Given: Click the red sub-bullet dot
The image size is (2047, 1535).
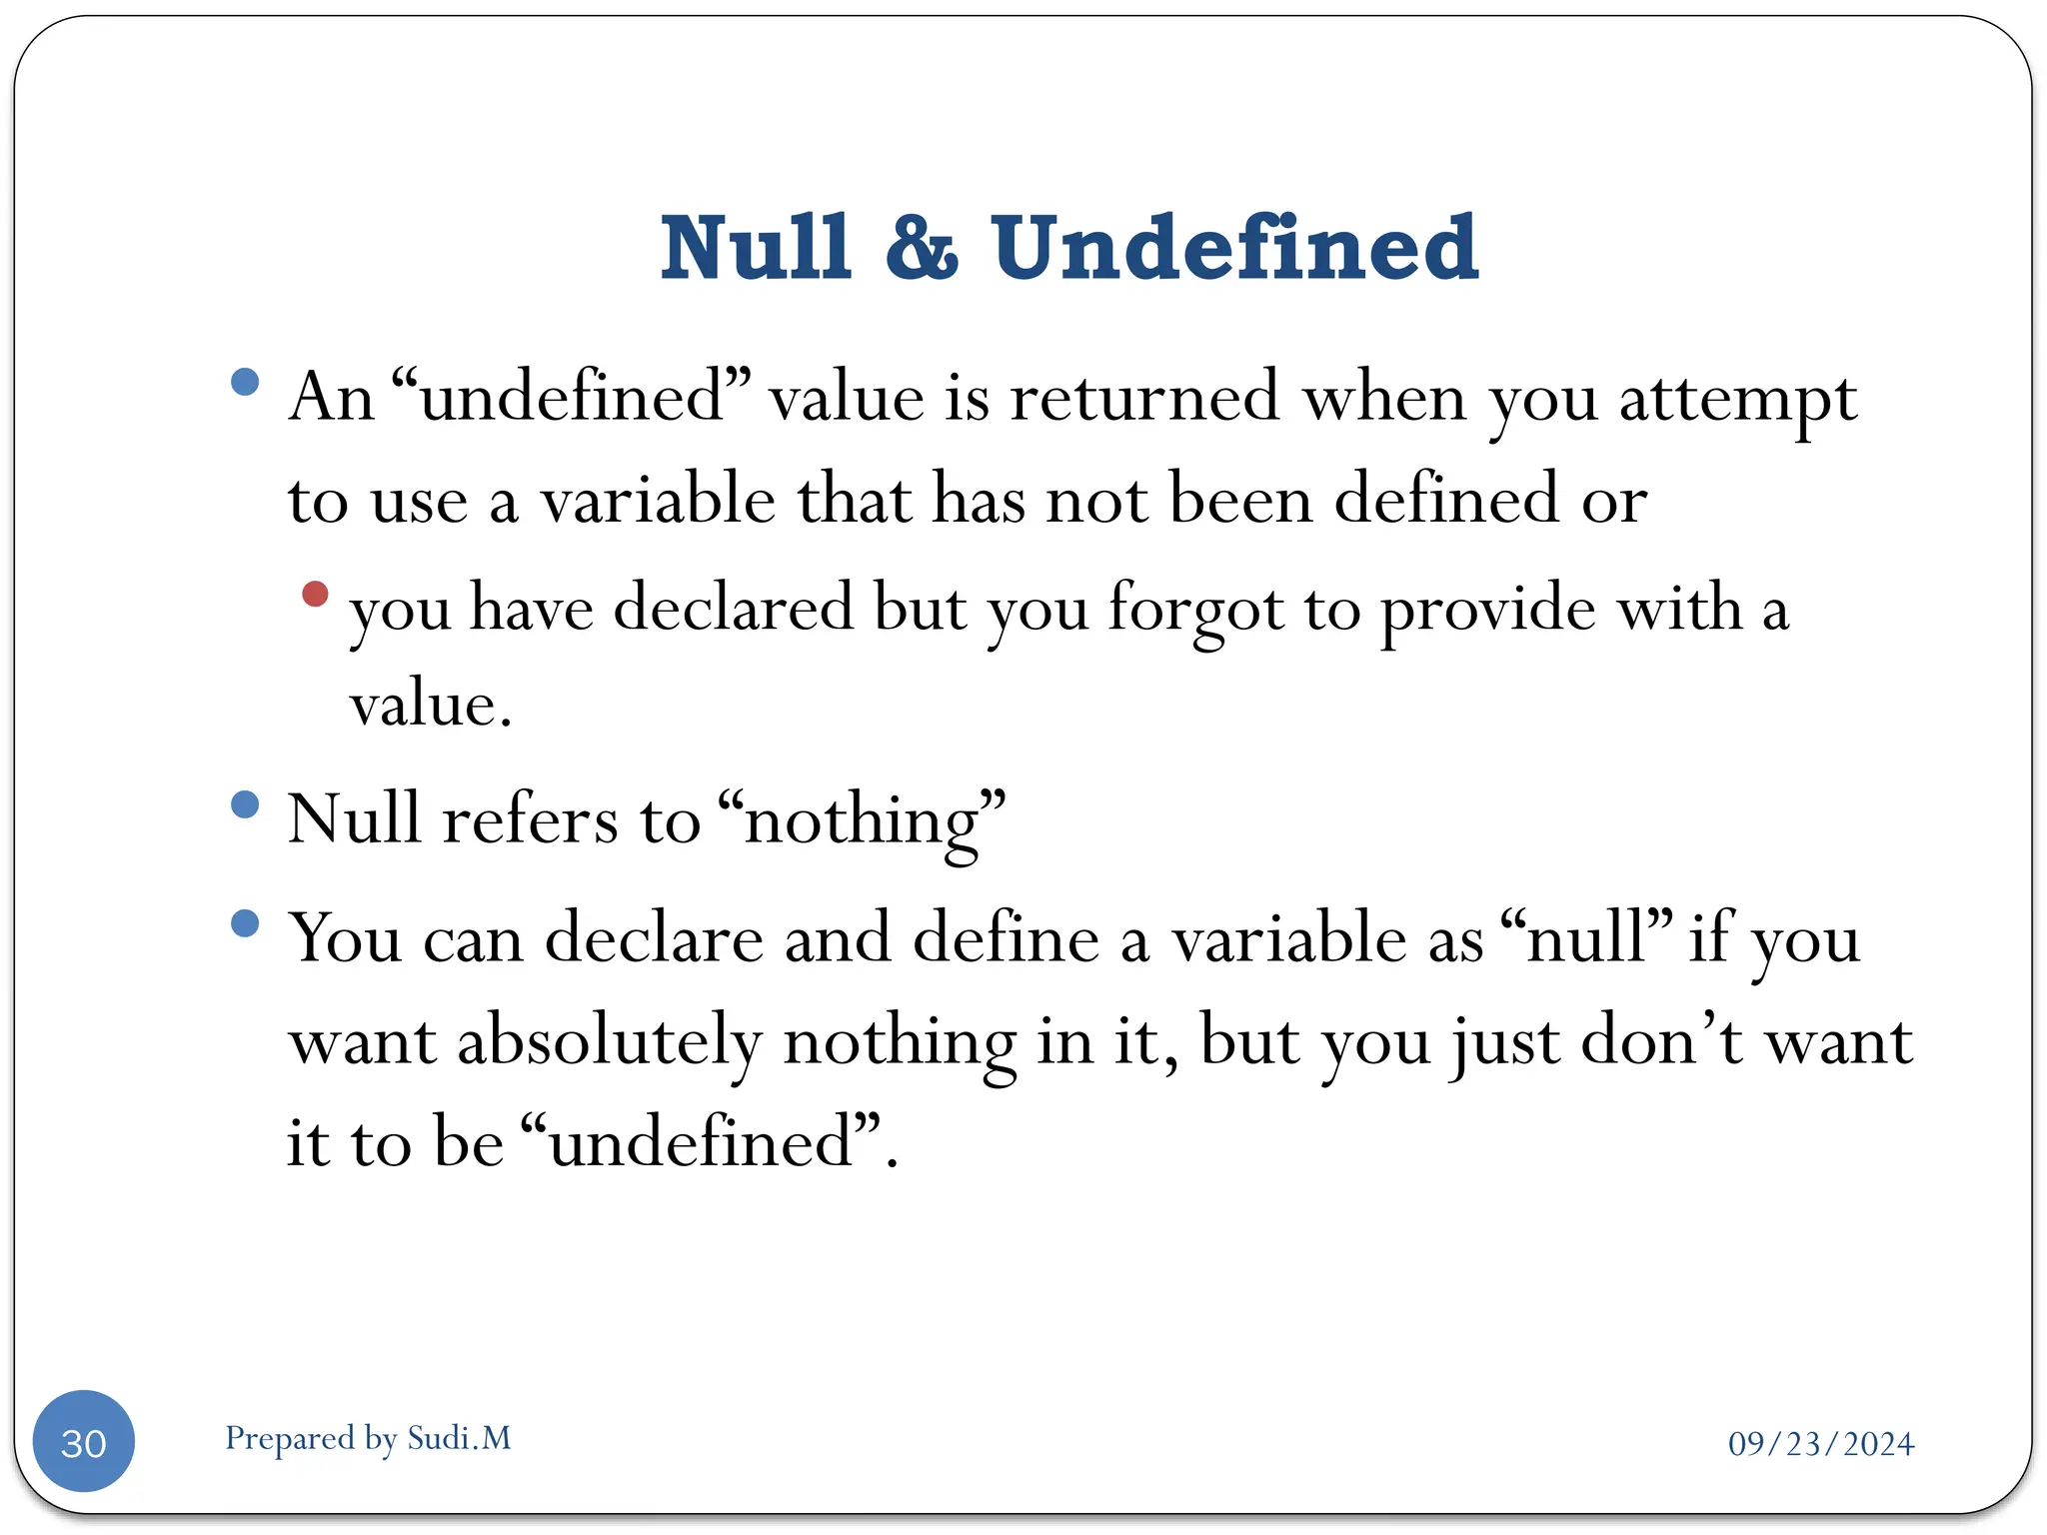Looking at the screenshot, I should [x=315, y=594].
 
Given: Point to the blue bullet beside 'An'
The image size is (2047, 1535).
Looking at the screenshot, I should [x=245, y=382].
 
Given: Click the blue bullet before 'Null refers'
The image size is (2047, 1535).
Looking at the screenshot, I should [x=245, y=804].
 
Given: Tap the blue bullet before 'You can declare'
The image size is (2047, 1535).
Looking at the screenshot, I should [x=245, y=923].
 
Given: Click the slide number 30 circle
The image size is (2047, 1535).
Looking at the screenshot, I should [x=84, y=1441].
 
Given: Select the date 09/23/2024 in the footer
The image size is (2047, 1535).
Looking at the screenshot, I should [x=1820, y=1444].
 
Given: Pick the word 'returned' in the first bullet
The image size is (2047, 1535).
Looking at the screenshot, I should [x=1144, y=397].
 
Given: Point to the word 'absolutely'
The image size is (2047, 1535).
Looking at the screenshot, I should [x=610, y=1042].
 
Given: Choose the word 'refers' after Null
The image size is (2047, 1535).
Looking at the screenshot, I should [x=530, y=819].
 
